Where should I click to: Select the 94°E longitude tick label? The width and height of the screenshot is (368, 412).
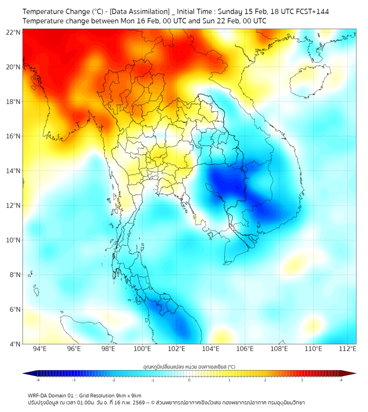40,349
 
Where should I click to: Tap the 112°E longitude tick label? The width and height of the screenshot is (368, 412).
347,349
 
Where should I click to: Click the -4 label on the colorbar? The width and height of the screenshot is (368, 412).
38,380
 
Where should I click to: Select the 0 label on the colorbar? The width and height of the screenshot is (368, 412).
189,380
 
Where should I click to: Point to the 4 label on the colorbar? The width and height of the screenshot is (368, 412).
341,380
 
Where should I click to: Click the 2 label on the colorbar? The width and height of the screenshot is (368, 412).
265,380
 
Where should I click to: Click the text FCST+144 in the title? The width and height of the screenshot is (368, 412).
311,11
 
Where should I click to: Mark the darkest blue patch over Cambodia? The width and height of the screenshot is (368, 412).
226,183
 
